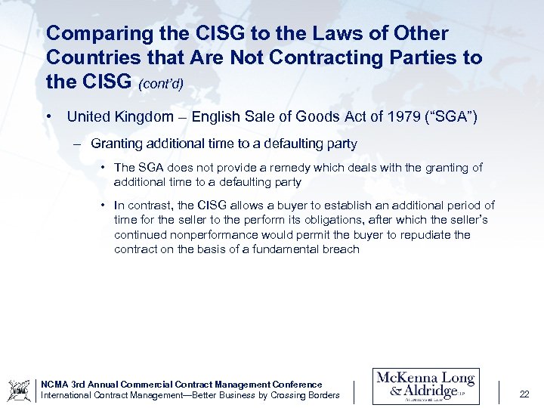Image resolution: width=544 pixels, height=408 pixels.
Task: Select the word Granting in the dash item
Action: click(115, 144)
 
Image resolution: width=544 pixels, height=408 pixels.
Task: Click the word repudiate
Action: click(408, 235)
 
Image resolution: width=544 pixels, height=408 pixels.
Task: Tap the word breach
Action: click(341, 249)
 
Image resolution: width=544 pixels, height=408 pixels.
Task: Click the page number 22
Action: click(525, 393)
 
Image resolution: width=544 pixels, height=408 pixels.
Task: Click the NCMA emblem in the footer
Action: click(19, 390)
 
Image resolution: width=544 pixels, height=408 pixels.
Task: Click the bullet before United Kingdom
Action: click(49, 117)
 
